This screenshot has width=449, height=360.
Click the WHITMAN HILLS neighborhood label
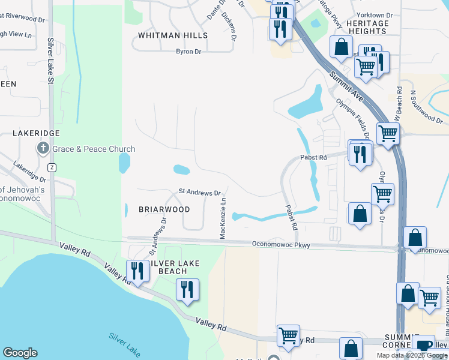tap(172, 35)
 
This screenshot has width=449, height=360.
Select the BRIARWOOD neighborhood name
tap(164, 209)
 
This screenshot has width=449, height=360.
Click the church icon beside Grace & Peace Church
tap(43, 148)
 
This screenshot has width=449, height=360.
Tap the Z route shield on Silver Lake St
tap(53, 166)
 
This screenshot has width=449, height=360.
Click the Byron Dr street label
tap(188, 52)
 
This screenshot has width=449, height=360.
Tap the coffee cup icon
tap(424, 345)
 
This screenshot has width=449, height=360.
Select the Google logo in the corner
tap(20, 353)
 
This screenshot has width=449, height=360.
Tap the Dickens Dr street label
tap(228, 22)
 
